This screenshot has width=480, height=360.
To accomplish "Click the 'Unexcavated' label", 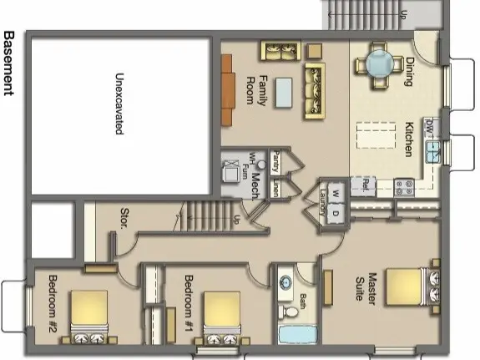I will click(x=119, y=104).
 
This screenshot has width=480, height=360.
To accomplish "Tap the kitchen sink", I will click(x=434, y=151).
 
